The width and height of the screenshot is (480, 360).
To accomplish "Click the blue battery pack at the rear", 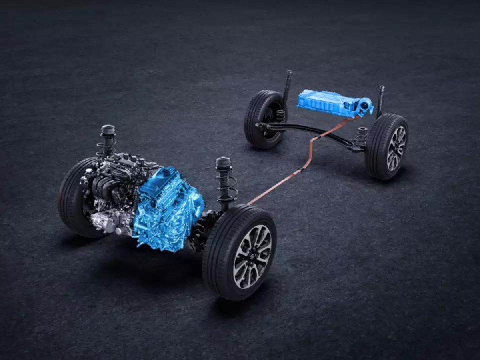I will (x=326, y=102).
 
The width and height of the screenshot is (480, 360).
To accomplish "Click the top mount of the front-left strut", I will (x=108, y=130).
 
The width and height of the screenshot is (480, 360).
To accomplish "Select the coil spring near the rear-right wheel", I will (x=362, y=136).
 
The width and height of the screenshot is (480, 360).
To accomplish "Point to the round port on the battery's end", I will (x=365, y=106).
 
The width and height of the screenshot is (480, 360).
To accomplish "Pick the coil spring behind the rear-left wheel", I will (x=280, y=116).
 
